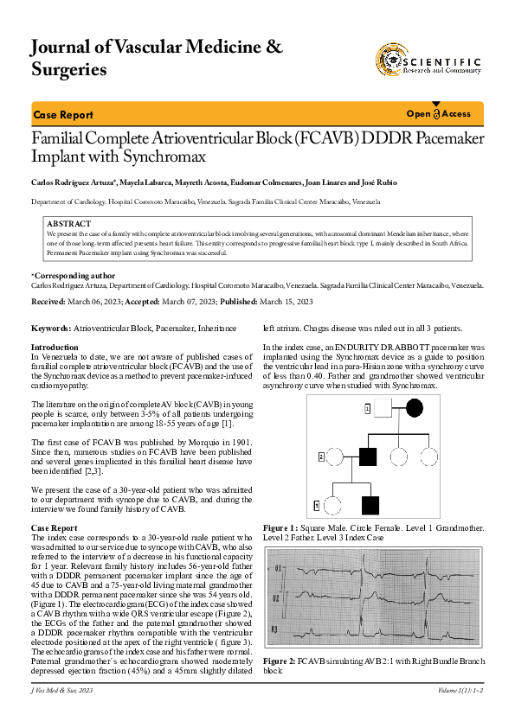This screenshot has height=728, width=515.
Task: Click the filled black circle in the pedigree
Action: (415, 408)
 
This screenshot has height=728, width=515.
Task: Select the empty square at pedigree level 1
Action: (382, 408)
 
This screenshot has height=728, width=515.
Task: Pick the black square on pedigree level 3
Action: (371, 505)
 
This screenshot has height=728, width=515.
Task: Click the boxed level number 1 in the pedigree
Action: (367, 408)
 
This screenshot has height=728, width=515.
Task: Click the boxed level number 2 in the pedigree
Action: (321, 456)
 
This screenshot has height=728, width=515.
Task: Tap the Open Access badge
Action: (438, 114)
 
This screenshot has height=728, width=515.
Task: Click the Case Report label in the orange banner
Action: (62, 115)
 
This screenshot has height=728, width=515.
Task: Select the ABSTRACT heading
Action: (68, 224)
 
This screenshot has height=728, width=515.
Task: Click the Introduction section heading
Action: (55, 347)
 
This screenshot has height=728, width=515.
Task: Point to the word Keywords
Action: (50, 329)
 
